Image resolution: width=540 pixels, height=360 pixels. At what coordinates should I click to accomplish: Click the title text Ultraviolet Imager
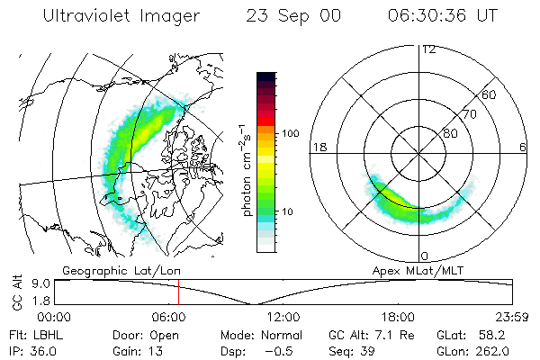coord(121,16)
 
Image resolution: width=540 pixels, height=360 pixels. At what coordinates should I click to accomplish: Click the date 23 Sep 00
coord(293,16)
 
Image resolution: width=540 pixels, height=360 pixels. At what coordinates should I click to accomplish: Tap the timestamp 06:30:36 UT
coord(443,15)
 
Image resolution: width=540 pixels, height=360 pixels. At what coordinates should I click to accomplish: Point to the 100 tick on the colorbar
coord(291,133)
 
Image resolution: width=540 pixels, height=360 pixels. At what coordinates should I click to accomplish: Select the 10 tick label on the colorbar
coord(287,211)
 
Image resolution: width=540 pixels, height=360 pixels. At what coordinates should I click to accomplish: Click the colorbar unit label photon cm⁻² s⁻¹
coord(246,170)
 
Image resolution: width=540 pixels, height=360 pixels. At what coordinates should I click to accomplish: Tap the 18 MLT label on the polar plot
coord(319,147)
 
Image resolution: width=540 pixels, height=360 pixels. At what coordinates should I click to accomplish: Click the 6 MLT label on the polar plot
coord(523,147)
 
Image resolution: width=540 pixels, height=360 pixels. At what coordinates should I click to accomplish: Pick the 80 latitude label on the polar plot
coord(450,133)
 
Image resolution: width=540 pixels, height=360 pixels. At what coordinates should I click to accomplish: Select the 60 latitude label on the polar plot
coord(489,94)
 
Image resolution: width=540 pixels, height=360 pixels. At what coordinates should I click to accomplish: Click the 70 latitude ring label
coord(470,114)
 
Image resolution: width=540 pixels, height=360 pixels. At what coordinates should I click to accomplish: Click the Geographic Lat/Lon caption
coord(121,271)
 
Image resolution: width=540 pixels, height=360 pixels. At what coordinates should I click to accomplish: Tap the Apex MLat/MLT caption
coord(418,271)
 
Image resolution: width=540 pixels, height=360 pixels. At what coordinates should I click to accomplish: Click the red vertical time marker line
coord(179,292)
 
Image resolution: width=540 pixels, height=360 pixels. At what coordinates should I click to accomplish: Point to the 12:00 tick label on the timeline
coord(283,317)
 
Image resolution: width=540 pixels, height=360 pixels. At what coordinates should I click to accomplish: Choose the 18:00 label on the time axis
coord(398,317)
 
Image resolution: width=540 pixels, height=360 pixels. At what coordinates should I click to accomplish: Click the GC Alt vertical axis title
coord(17,292)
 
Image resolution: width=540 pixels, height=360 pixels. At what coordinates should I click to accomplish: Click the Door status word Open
coord(164,336)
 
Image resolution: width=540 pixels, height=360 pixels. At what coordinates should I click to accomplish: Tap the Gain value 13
coord(156,351)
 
